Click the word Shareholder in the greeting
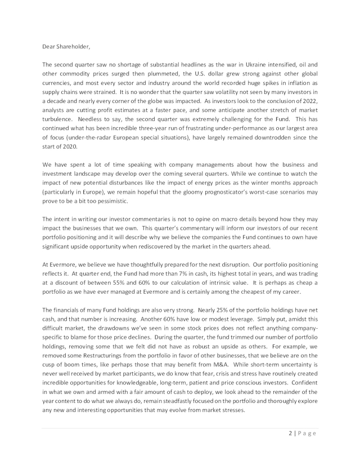click(x=71, y=39)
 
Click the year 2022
click(x=310, y=101)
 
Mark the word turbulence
click(x=58, y=119)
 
